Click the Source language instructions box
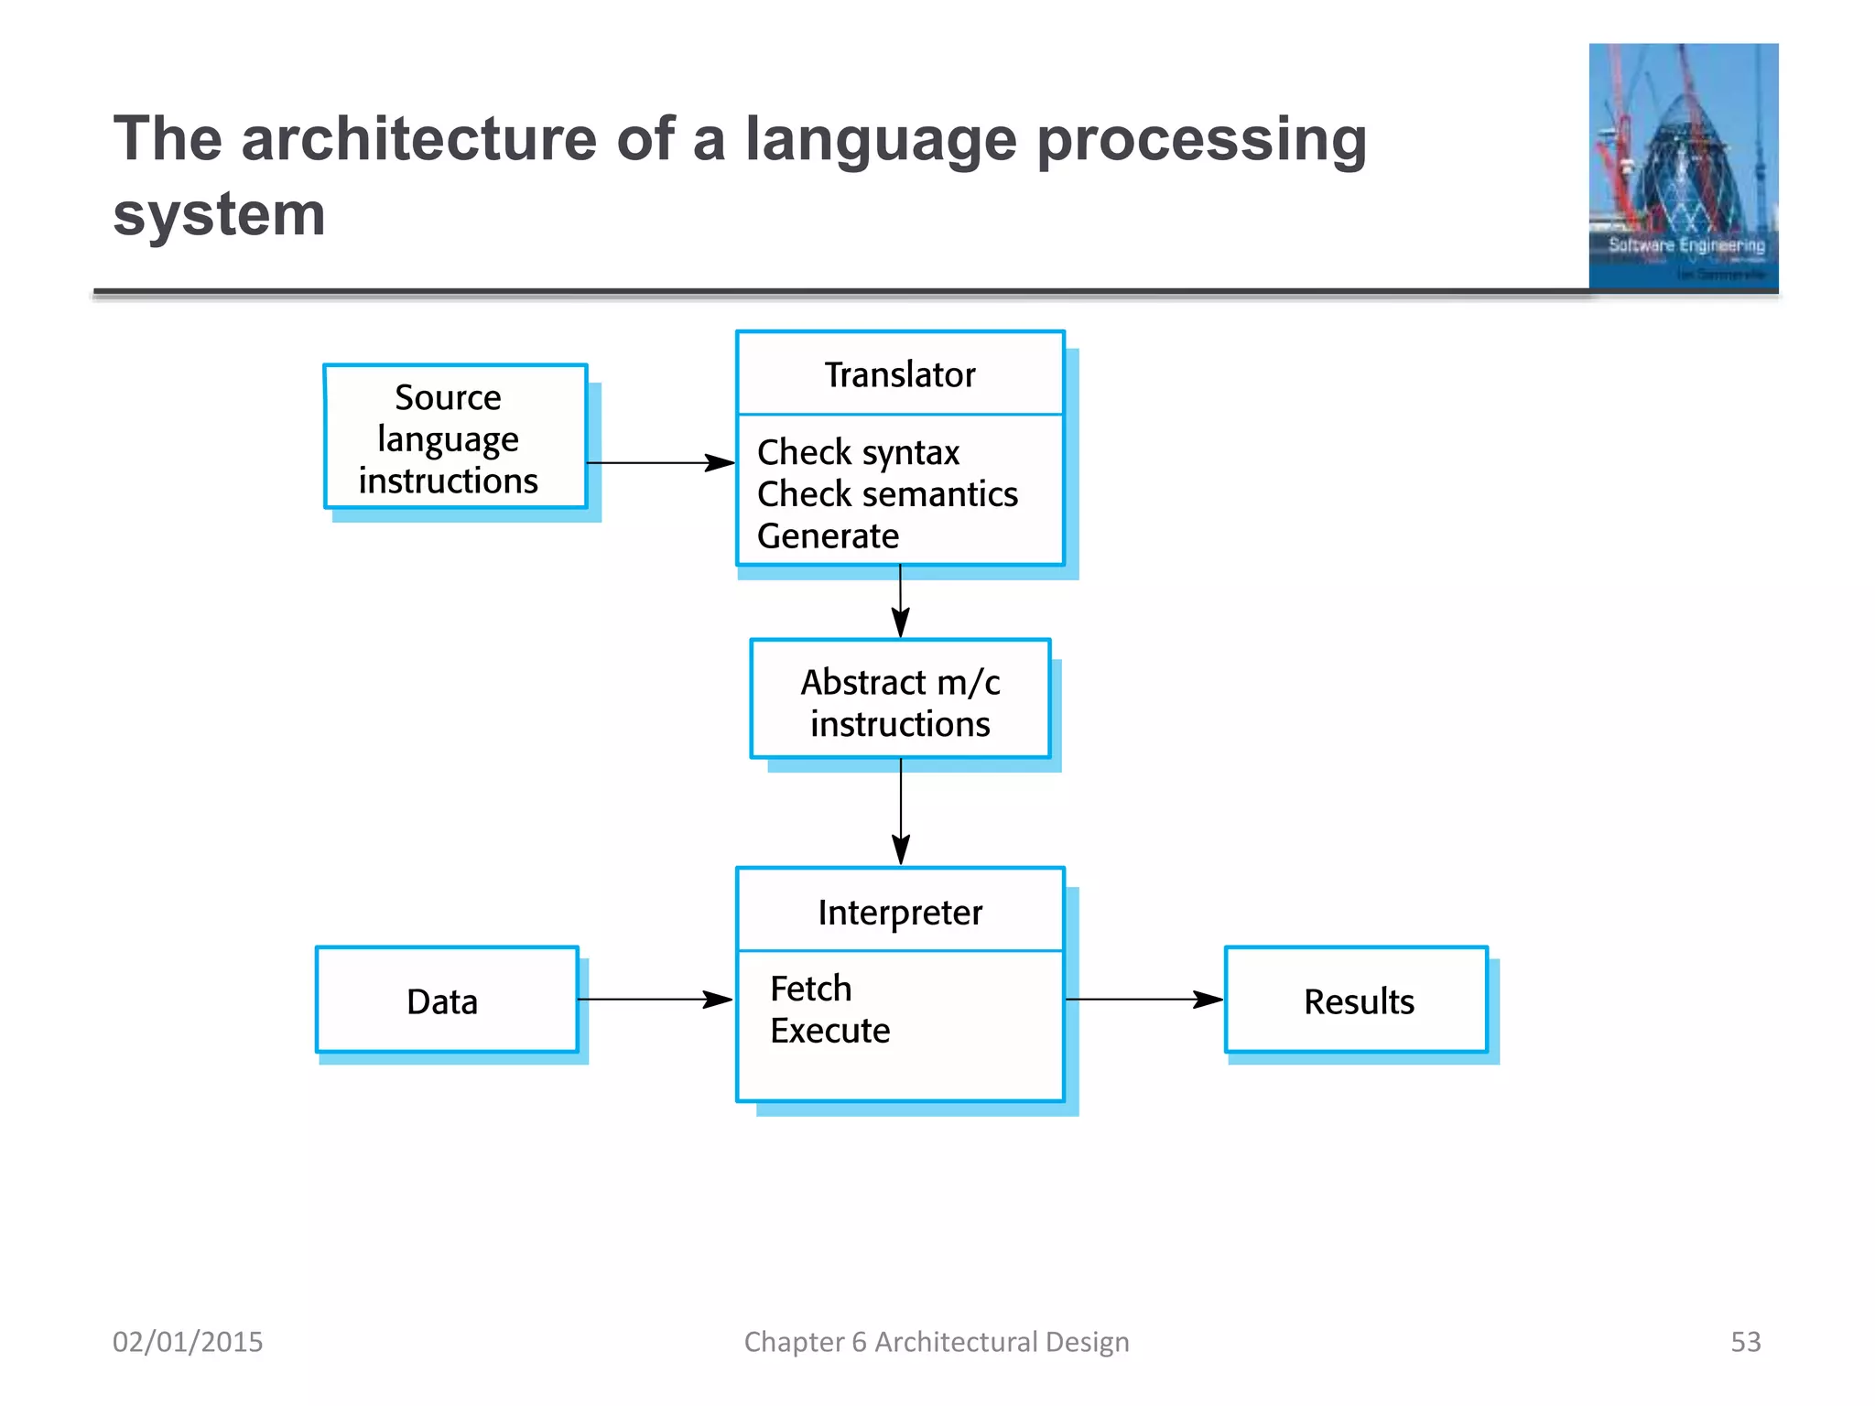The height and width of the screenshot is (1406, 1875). pos(455,438)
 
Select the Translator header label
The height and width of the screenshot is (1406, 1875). pos(899,374)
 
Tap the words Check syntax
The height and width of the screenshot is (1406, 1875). pos(858,452)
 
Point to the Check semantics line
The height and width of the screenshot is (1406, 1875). pos(886,494)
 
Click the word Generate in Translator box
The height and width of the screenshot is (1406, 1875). pos(828,536)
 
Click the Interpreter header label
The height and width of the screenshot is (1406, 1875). pos(899,913)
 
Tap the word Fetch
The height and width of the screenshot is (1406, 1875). pos(810,989)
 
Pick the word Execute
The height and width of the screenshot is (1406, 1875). pos(829,1031)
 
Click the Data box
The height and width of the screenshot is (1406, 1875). pos(446,1000)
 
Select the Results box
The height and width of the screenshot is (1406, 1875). pos(1356,1000)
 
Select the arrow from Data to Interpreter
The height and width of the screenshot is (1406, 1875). pos(655,1000)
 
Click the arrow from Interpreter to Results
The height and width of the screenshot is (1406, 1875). pos(1143,1000)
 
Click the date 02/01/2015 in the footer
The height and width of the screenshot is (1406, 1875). pos(188,1342)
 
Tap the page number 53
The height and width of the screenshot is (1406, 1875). pos(1745,1342)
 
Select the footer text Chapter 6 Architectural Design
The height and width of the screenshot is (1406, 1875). pos(936,1342)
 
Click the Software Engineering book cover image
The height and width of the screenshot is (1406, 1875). pos(1683,167)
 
